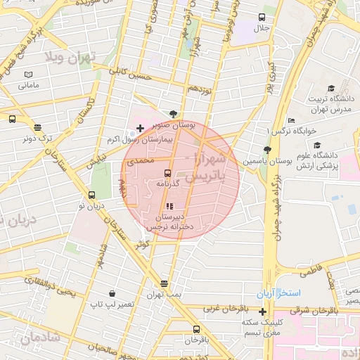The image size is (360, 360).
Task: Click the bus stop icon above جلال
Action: coord(262,18)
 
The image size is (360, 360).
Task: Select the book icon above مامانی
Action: coord(29,75)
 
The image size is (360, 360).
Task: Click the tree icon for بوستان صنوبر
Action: coord(173,112)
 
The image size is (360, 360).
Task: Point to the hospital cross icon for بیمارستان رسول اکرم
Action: coord(139,128)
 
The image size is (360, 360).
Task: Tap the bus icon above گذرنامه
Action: coord(168,172)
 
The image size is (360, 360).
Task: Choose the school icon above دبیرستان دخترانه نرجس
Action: coord(168,207)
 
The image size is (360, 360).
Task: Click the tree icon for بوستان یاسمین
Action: coord(266,150)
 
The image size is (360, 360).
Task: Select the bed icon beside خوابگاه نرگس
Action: coord(290,120)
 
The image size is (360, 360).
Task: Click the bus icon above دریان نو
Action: coord(91,195)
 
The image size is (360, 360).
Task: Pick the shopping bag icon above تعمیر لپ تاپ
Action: coord(112,293)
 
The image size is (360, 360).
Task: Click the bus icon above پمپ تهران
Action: coord(165,283)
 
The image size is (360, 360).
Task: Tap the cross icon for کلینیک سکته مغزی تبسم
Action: coord(263,311)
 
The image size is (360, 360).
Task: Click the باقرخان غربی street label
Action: coord(222,309)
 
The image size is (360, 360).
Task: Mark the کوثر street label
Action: coord(143,243)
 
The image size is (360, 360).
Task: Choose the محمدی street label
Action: coord(140,162)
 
